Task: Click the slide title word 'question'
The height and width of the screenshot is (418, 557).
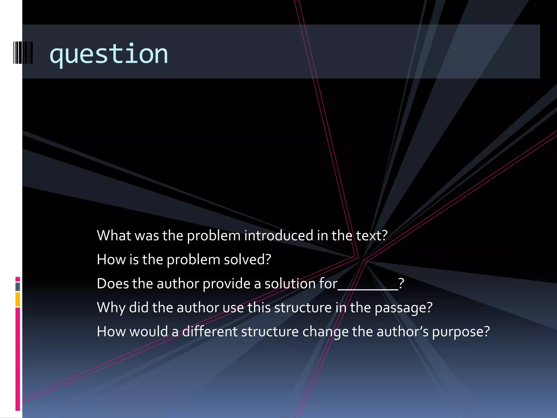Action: pyautogui.click(x=109, y=54)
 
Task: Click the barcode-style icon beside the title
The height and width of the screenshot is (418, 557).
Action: pyautogui.click(x=23, y=53)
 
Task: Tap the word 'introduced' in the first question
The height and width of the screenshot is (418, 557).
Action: pyautogui.click(x=278, y=236)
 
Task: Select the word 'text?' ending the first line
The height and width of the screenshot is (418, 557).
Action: pyautogui.click(x=372, y=236)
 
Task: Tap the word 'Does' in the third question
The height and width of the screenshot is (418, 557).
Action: pyautogui.click(x=113, y=284)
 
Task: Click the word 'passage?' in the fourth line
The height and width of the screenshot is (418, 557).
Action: pyautogui.click(x=404, y=308)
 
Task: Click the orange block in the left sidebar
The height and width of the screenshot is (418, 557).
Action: pyautogui.click(x=18, y=299)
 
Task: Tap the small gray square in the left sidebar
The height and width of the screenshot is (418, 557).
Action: pyautogui.click(x=18, y=287)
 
